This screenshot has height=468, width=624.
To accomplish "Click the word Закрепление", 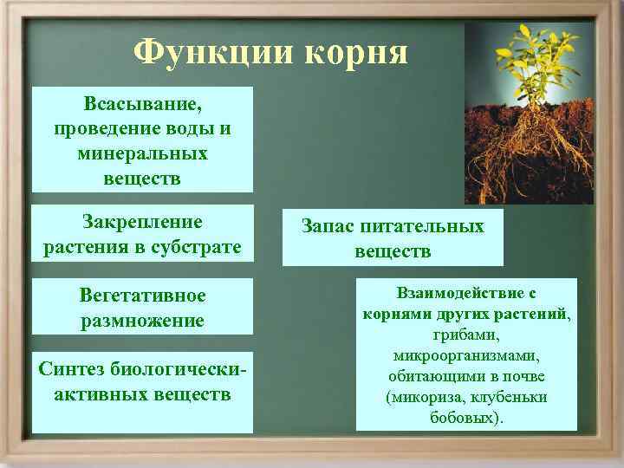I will [x=142, y=223].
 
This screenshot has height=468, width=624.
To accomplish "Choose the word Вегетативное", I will [x=142, y=296].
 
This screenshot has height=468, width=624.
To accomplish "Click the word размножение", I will [x=142, y=321].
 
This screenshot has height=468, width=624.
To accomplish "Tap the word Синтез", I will [x=72, y=370].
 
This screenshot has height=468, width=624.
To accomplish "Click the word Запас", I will [x=328, y=227].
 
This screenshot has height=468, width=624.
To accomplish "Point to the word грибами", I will [x=466, y=335].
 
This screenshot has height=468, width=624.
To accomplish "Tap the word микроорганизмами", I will [x=466, y=355].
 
